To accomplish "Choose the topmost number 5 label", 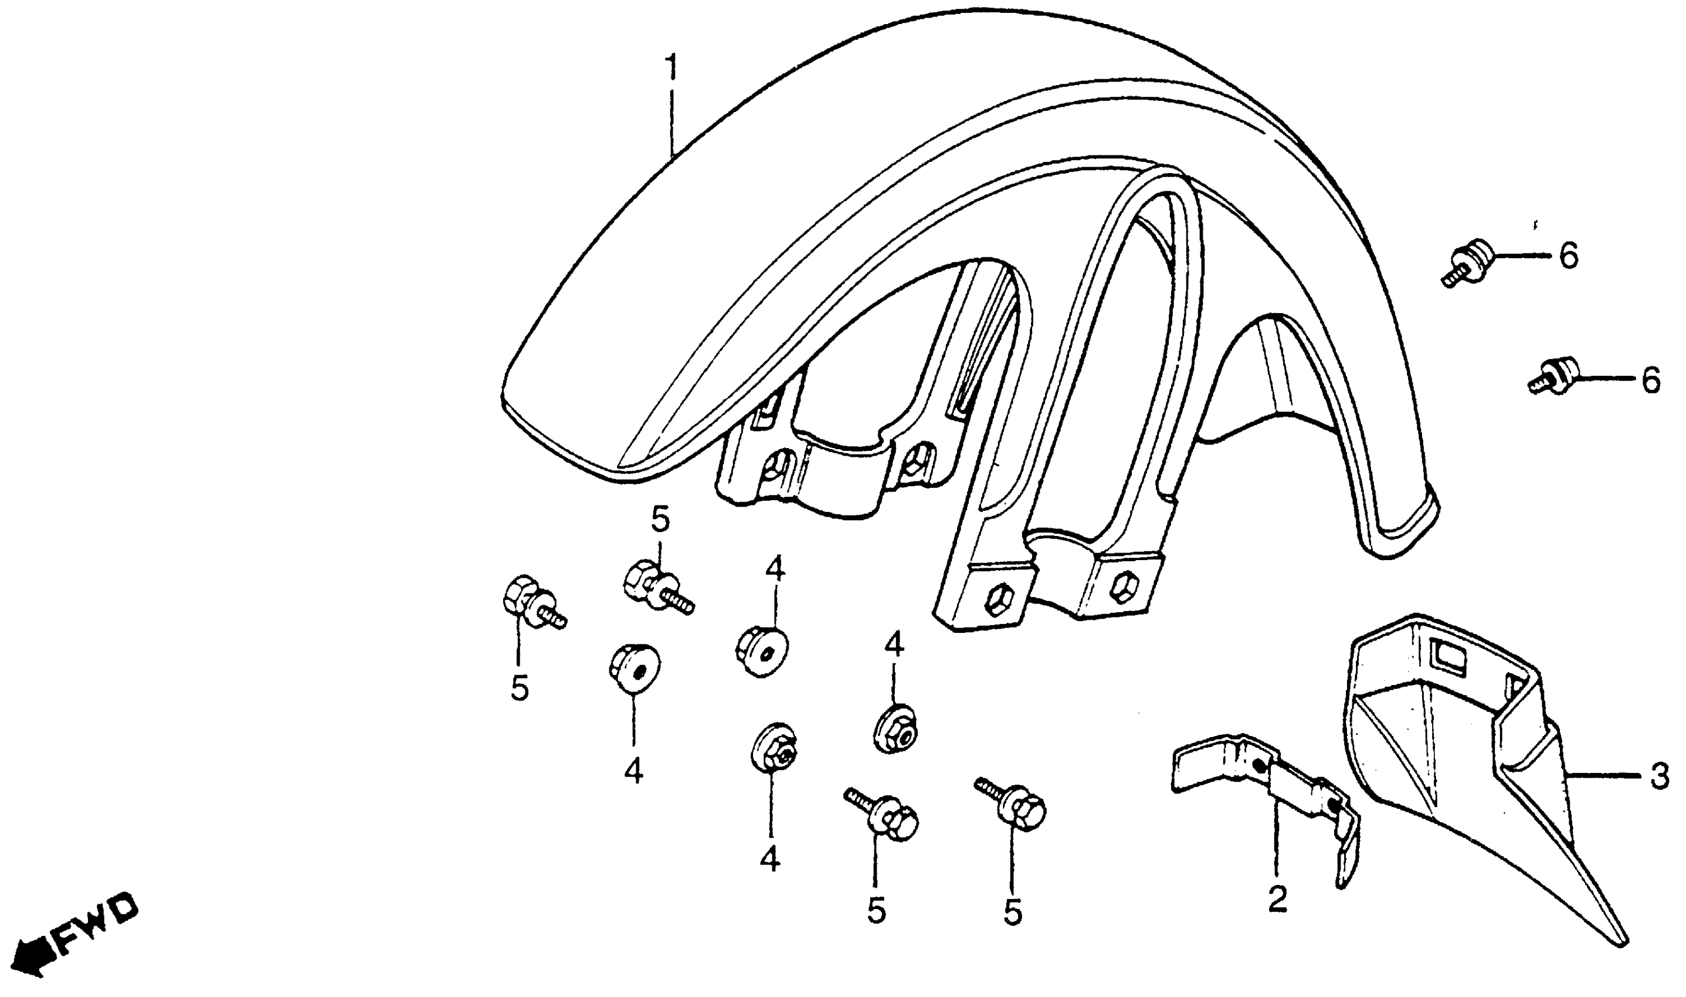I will coord(660,520).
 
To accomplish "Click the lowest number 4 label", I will coord(770,859).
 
